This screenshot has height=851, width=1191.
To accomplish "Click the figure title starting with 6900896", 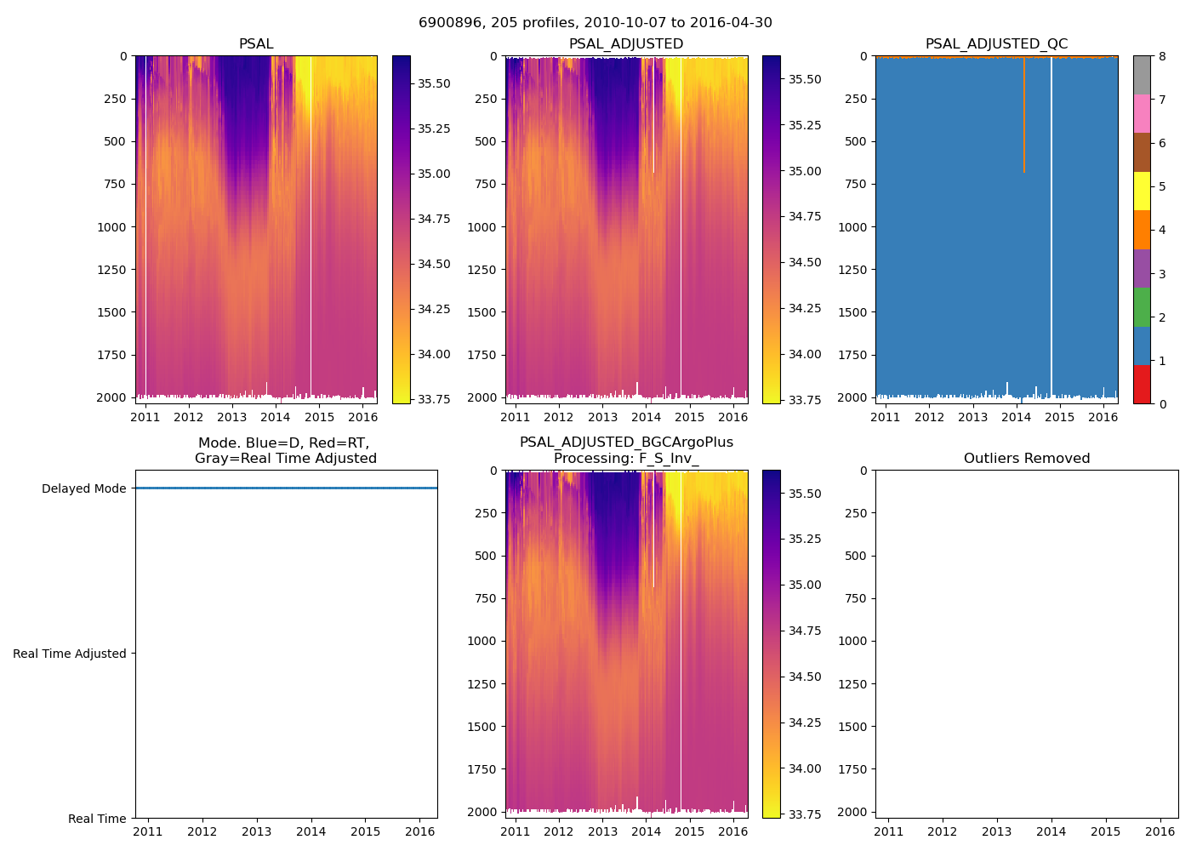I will point(595,23).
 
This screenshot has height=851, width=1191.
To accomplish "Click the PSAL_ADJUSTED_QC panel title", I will point(996,44).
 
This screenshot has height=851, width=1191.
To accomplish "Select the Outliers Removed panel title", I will point(1027,459).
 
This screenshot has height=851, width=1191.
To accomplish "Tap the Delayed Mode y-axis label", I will point(83,488).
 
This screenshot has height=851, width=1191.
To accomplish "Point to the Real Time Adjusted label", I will point(70,654).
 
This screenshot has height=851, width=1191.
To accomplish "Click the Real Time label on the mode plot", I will point(97,819).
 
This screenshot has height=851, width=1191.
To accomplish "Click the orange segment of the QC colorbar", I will point(1142,230).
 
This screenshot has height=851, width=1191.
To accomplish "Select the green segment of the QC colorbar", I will point(1142,307).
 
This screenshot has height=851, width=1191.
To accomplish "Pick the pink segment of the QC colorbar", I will point(1142,113).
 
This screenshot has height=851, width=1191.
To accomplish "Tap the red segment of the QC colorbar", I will point(1142,385).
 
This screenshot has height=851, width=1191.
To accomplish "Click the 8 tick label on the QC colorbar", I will point(1162,56).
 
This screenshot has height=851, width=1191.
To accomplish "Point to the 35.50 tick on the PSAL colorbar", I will point(434,83).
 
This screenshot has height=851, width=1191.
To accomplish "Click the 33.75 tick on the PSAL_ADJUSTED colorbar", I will point(804,400).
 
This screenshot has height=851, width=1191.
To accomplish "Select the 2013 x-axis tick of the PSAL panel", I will point(232,417).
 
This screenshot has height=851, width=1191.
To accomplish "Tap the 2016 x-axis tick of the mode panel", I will point(420,831).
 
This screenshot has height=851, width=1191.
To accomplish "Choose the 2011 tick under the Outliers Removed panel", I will point(889,831).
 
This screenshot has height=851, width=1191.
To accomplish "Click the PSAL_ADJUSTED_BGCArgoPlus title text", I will point(626,443).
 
